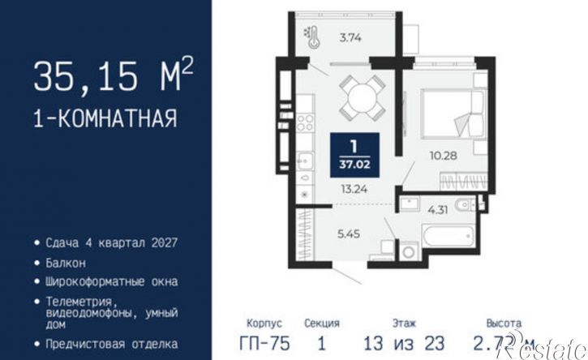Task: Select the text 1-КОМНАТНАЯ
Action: (105, 119)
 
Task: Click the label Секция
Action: (322, 322)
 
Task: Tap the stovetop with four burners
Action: (306, 124)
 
